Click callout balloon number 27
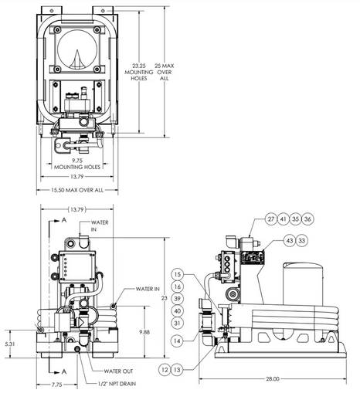pos(271,219)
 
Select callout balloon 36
pos(307,219)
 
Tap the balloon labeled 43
pos(290,240)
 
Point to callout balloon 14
pos(177,341)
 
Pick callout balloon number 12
pos(165,370)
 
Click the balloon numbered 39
pos(177,299)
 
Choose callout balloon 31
pos(177,323)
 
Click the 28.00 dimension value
pos(273,378)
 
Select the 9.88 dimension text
pos(144,332)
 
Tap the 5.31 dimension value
pos(10,344)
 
